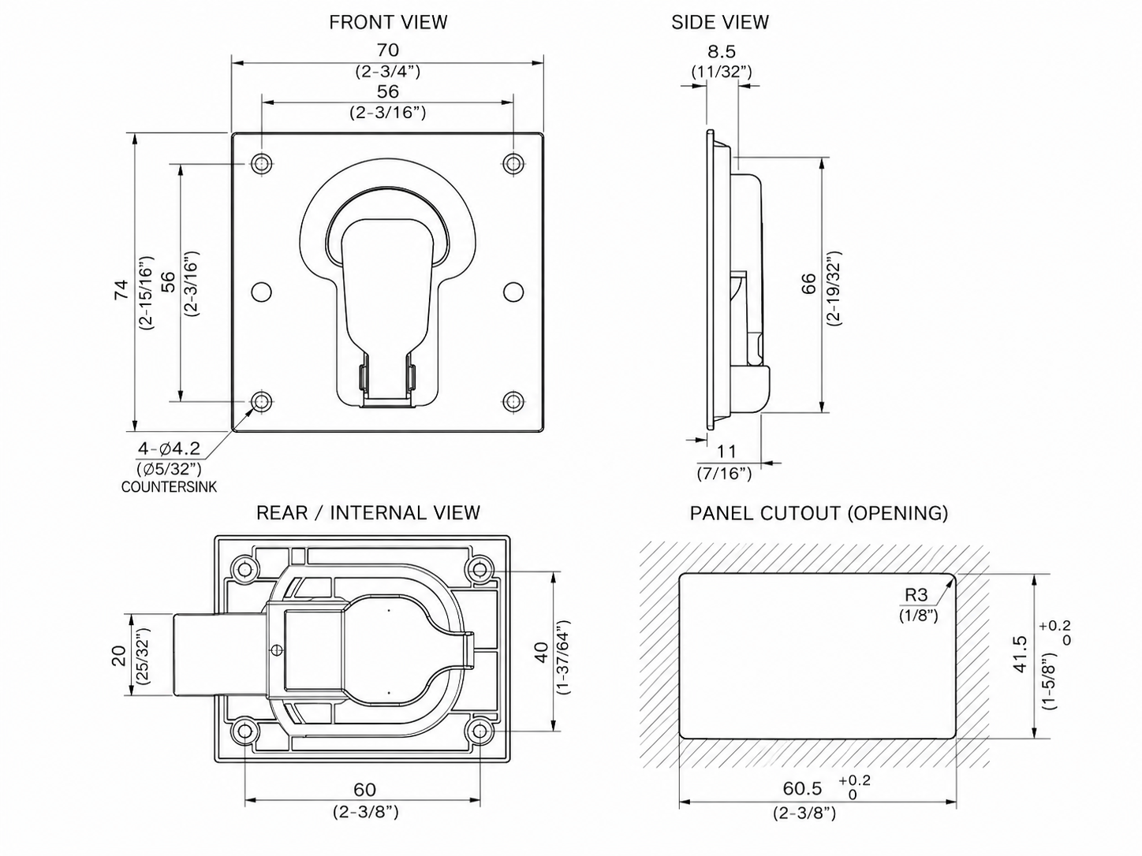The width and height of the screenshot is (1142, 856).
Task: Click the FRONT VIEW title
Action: pyautogui.click(x=388, y=22)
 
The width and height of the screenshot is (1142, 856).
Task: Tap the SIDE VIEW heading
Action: pyautogui.click(x=719, y=22)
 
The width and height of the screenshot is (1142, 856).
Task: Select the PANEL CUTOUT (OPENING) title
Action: pyautogui.click(x=819, y=513)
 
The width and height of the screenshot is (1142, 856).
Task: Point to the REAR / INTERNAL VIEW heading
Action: pyautogui.click(x=368, y=513)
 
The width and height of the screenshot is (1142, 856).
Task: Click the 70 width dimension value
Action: pyautogui.click(x=387, y=50)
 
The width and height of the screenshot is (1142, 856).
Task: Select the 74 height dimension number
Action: pyautogui.click(x=121, y=289)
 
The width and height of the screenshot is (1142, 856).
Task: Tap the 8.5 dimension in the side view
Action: pyautogui.click(x=722, y=51)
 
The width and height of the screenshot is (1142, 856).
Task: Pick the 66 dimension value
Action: pyautogui.click(x=809, y=285)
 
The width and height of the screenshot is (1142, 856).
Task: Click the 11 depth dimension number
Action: pyautogui.click(x=726, y=452)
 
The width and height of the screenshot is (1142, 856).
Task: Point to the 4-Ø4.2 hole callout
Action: pyautogui.click(x=169, y=448)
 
